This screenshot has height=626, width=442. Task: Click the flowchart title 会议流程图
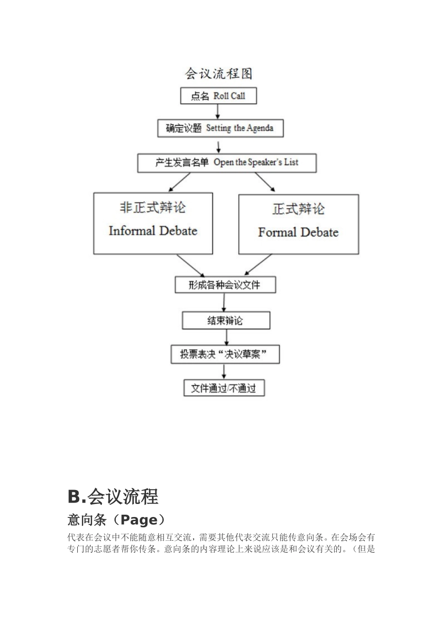[219, 74]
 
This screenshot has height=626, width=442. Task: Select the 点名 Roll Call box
[218, 96]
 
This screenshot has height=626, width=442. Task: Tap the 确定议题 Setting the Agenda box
[220, 129]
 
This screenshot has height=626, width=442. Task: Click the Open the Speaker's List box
[227, 163]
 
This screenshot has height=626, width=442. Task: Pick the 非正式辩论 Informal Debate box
[153, 224]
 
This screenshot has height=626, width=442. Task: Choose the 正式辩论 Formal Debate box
[298, 225]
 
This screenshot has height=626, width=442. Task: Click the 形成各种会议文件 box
[225, 285]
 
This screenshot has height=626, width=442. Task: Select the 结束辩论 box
[226, 320]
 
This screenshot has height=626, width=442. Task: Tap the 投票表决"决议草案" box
[225, 355]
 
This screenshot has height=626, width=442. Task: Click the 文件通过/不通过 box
[224, 388]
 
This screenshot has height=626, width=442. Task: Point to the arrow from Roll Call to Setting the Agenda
[218, 112]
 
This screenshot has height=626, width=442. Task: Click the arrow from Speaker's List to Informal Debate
[179, 182]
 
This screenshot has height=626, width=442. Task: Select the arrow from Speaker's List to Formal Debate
[265, 182]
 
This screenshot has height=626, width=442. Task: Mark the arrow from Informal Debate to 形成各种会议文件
[190, 265]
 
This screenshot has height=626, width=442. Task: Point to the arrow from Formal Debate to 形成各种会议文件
[258, 265]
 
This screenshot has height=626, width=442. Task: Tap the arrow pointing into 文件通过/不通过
[225, 372]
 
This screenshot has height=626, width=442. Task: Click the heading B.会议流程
[113, 497]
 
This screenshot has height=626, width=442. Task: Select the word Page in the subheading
[139, 520]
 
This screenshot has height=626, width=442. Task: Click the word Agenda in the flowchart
[260, 129]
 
